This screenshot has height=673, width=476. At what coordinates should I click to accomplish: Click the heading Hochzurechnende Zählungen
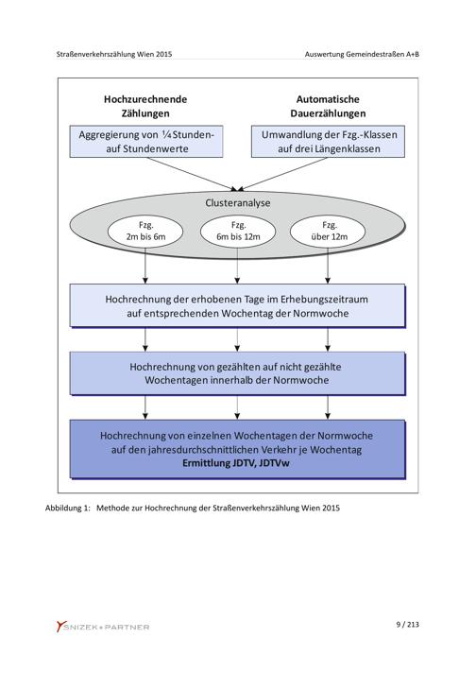click(x=145, y=107)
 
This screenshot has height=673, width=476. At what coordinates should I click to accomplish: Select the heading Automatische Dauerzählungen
click(x=328, y=107)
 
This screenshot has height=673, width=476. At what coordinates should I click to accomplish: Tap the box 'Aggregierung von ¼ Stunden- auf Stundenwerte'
click(x=146, y=142)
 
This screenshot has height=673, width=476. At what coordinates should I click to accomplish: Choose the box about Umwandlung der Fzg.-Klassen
click(x=328, y=142)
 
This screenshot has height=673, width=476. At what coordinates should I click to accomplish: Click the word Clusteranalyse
click(x=238, y=202)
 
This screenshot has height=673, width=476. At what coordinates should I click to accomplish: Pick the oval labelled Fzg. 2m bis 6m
click(x=145, y=231)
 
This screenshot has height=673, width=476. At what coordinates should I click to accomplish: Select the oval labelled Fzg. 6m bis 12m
click(x=238, y=231)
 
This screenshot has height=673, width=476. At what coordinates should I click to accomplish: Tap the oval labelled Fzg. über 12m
click(x=328, y=231)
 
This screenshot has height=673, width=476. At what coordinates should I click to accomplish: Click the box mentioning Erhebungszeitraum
click(x=238, y=306)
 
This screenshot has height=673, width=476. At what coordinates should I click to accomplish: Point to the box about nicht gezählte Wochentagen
click(x=238, y=373)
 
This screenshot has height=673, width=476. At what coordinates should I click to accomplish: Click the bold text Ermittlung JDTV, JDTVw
click(x=236, y=463)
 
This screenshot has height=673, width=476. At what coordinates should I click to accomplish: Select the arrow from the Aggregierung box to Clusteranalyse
click(x=192, y=174)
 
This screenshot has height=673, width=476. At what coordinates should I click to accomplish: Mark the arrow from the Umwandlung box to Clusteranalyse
click(x=282, y=174)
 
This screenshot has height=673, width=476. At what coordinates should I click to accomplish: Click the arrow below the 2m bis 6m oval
click(x=145, y=266)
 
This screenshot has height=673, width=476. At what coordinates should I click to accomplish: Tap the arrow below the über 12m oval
click(x=328, y=266)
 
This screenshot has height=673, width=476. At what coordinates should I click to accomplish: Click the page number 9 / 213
click(x=407, y=625)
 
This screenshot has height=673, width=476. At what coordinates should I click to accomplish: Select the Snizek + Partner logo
click(x=103, y=627)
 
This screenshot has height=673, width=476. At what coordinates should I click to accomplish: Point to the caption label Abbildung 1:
click(x=68, y=509)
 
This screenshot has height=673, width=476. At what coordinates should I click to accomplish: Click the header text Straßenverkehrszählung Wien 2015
click(x=114, y=55)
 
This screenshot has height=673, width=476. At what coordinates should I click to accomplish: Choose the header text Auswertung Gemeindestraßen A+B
click(x=362, y=55)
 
